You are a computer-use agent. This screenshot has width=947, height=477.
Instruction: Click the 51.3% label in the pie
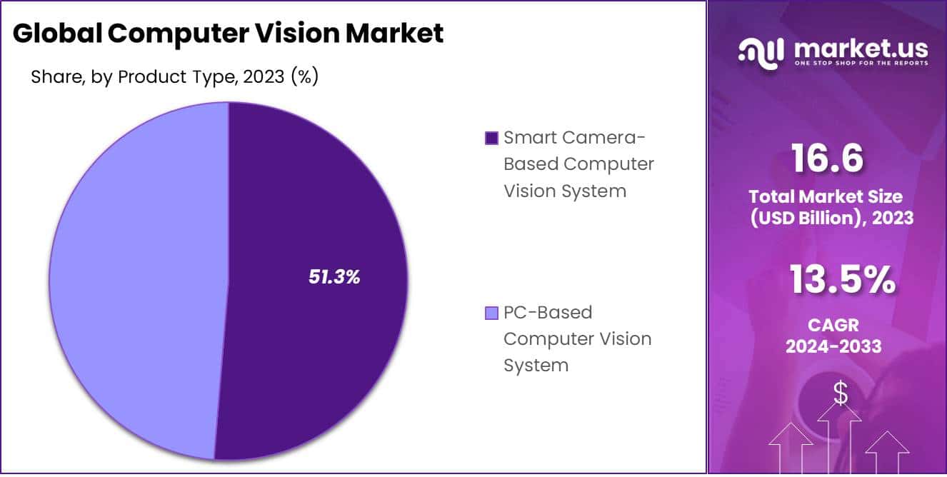point(334,277)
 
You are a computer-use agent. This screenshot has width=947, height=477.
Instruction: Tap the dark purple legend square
point(491,138)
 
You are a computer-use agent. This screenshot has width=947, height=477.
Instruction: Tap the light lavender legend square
point(491,313)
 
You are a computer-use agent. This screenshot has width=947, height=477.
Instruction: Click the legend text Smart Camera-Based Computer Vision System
point(578,164)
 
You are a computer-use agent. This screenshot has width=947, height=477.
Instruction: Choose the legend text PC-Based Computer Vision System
point(577,338)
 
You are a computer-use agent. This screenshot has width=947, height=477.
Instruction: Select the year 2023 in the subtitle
point(264,76)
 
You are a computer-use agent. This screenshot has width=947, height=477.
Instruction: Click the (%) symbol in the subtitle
point(304,76)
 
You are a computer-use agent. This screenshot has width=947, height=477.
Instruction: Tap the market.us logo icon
point(761,51)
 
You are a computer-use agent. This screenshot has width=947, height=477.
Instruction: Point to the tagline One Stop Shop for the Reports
point(860,64)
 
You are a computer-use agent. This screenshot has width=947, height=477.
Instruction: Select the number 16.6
point(828,158)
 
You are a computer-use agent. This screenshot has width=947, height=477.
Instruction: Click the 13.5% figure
point(842,280)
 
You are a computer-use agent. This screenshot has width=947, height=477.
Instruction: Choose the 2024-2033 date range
point(833,346)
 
